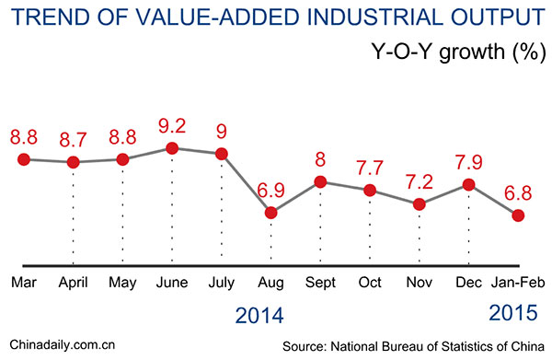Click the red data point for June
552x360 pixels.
click(172, 147)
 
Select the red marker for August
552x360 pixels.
click(270, 213)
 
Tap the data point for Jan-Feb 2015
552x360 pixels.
click(518, 215)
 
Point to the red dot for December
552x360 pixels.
click(468, 185)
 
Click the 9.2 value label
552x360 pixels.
click(177, 122)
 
